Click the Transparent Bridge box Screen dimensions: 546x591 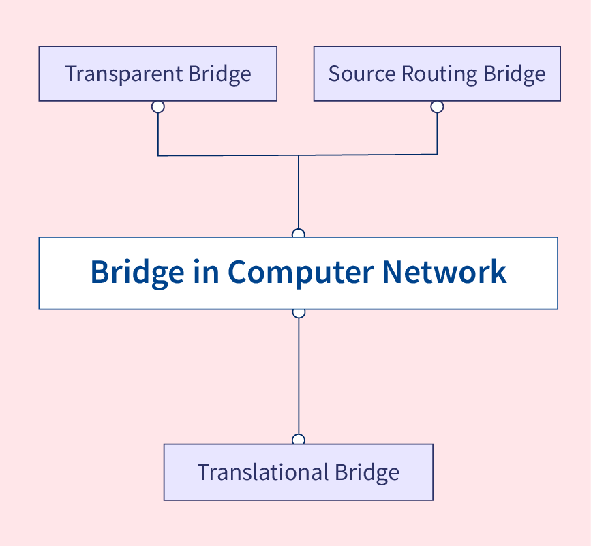157,74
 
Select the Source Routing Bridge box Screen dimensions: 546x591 437,74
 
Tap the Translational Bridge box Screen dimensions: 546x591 298,472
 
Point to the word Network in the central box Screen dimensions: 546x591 444,271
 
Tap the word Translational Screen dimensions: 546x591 262,472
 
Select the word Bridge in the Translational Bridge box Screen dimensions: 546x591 366,472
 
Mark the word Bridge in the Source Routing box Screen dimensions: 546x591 515,74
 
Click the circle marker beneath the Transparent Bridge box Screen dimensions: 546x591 158,106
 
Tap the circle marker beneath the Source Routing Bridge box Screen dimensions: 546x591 437,106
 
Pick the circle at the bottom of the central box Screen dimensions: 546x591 298,312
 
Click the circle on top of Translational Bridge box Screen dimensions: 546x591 298,440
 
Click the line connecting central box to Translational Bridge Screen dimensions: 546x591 299,375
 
